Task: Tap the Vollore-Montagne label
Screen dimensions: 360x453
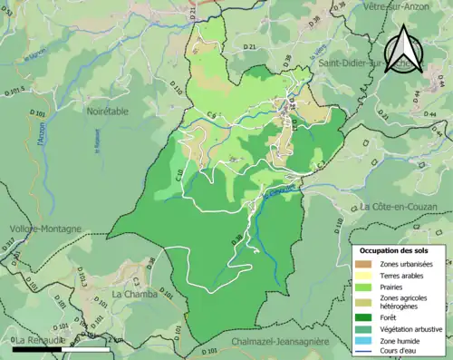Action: [44, 229]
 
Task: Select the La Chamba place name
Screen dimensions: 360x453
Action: [135, 294]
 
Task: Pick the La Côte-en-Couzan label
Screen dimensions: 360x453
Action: [402, 207]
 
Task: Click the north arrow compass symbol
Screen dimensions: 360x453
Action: [402, 50]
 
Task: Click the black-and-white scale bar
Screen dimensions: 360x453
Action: [62, 348]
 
